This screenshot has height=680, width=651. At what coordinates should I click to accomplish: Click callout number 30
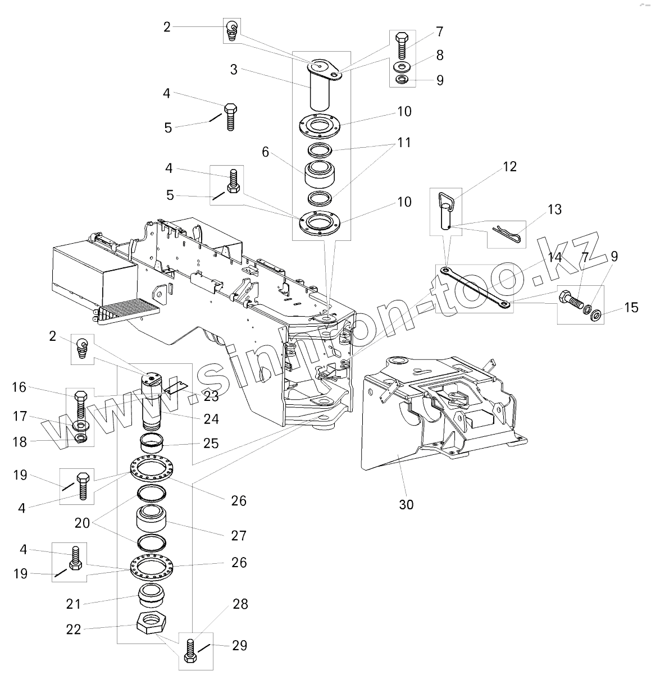(406, 504)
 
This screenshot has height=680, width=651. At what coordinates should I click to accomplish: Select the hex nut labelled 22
(152, 624)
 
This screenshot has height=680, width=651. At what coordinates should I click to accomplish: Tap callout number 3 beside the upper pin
(234, 70)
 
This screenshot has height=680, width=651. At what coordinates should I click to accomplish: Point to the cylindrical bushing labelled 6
(318, 175)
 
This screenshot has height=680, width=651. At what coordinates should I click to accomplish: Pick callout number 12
(509, 167)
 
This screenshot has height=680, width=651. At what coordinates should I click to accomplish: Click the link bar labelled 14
(475, 288)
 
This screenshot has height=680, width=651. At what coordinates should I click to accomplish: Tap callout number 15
(631, 307)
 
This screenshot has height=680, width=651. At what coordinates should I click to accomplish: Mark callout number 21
(74, 604)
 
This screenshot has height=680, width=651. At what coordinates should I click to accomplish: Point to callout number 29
(240, 645)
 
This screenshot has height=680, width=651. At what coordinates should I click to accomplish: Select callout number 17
(20, 416)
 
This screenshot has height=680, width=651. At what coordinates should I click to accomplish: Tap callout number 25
(211, 443)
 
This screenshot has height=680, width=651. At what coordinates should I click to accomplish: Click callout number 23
(211, 396)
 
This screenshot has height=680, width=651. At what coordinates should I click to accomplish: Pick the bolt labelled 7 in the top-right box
(402, 45)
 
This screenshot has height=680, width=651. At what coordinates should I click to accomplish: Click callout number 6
(266, 151)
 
